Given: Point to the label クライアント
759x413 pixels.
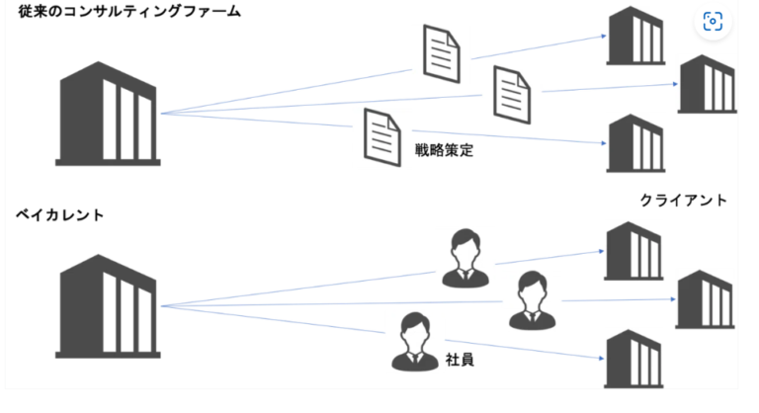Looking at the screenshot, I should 683,201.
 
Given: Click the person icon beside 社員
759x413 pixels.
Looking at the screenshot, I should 413,341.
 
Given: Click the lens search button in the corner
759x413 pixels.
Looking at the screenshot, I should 712,22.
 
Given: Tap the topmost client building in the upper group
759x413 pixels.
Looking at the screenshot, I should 633,37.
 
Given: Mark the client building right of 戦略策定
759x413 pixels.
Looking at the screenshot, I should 633,143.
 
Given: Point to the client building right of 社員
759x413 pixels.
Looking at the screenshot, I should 632,359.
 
